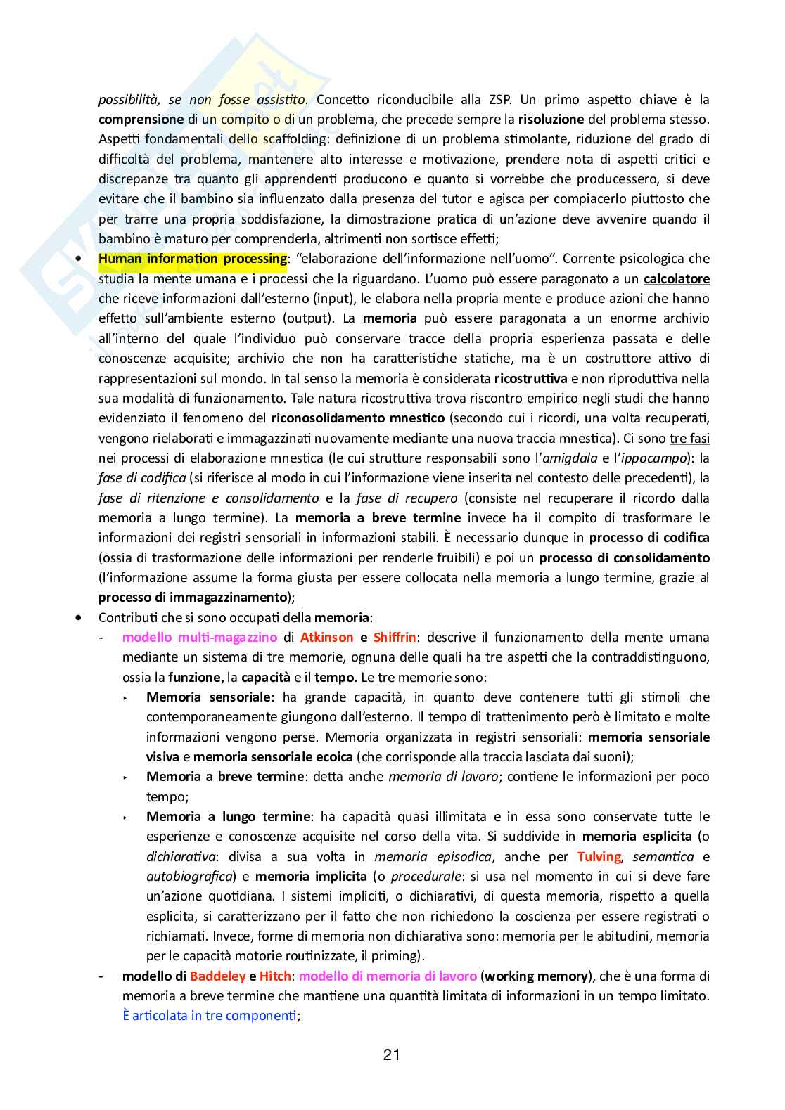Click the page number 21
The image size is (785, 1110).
392,1054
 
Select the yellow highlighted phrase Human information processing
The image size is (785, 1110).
193,259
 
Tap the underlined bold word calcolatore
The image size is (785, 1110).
676,278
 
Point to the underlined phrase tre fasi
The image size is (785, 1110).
689,439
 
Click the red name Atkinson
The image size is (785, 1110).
326,638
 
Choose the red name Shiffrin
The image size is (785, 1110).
395,638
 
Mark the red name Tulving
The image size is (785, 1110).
599,857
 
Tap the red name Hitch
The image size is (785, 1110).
275,976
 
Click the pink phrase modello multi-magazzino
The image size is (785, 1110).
200,638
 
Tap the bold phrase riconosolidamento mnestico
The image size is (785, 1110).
357,418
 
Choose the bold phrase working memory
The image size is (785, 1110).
536,976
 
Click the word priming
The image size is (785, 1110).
394,956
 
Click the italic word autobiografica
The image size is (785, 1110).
189,877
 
